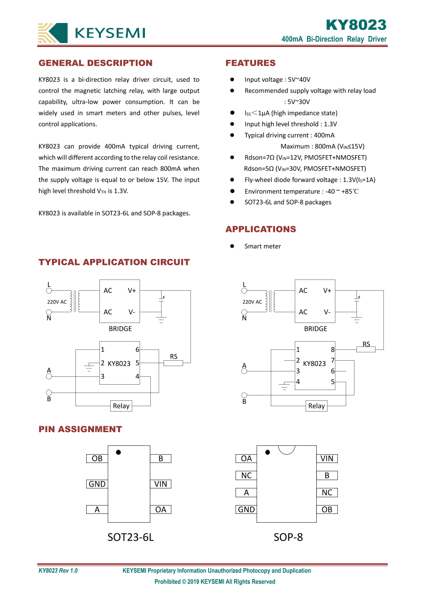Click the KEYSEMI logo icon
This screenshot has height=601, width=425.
click(x=53, y=33)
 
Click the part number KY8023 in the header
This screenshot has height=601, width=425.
click(x=356, y=25)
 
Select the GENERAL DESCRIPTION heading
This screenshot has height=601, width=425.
click(x=95, y=63)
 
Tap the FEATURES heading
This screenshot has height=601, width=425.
click(x=250, y=63)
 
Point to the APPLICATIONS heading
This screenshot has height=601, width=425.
click(x=260, y=229)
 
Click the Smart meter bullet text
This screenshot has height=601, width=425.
click(x=263, y=246)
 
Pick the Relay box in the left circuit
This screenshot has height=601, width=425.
click(x=121, y=406)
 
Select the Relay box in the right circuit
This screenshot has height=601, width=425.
click(x=316, y=406)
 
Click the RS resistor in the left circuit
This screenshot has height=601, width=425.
click(x=173, y=363)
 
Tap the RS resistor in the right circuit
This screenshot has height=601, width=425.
click(x=366, y=349)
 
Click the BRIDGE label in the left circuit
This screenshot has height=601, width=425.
click(x=120, y=329)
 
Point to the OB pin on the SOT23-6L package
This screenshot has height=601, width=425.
click(x=97, y=459)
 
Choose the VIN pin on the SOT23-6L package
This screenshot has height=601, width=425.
click(x=161, y=484)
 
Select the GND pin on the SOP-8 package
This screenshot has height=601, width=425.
click(x=246, y=509)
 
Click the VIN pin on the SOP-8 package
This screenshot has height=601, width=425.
click(x=327, y=459)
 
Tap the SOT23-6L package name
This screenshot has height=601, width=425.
click(x=131, y=537)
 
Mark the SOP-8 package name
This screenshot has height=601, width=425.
click(x=288, y=537)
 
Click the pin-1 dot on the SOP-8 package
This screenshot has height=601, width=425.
click(x=267, y=452)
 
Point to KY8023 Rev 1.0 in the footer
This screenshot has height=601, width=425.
click(x=58, y=571)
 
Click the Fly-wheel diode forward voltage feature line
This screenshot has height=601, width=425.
click(x=310, y=180)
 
